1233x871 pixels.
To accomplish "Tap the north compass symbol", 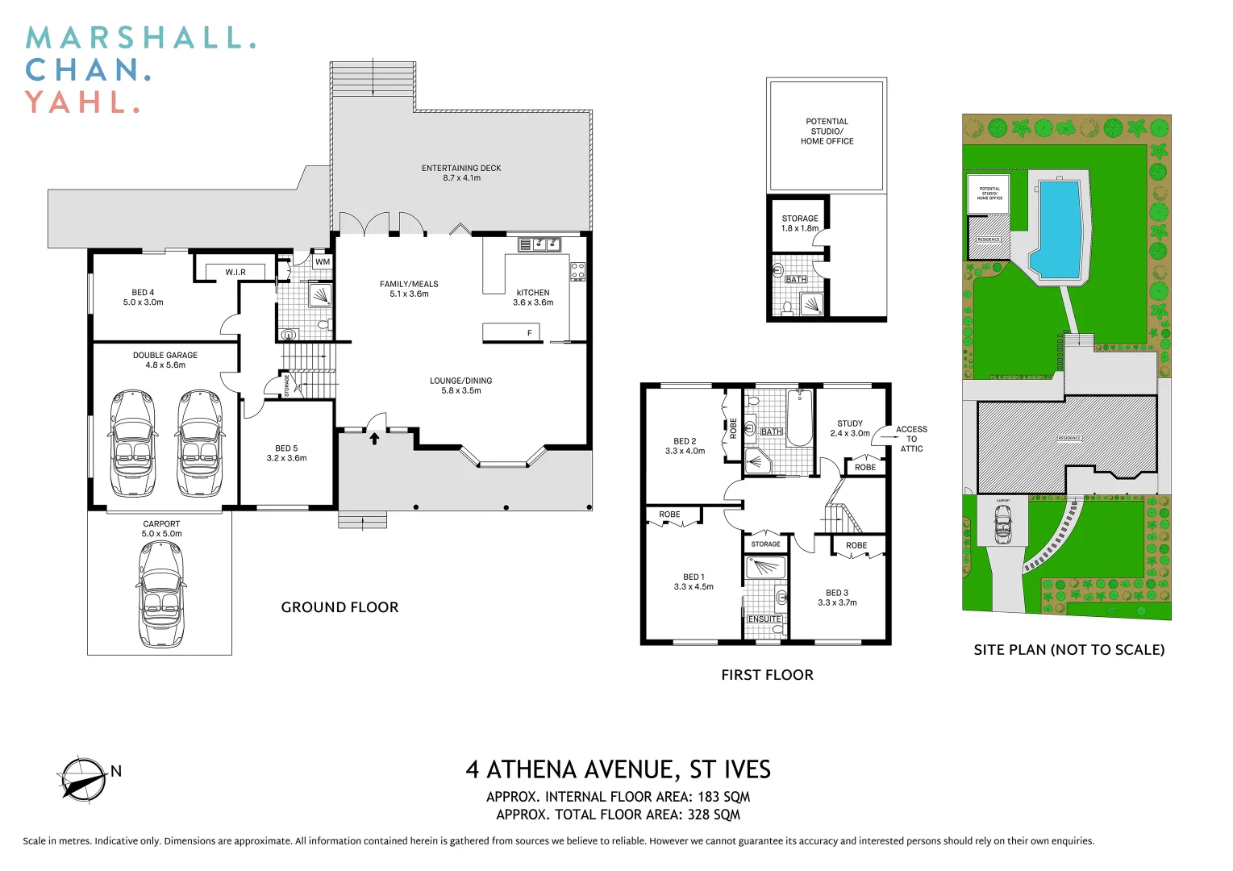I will tap(82, 779).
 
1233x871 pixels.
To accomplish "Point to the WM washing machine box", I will tap(323, 261).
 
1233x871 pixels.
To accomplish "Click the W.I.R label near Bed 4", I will tap(235, 272).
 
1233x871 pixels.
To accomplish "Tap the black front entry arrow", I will tap(375, 438).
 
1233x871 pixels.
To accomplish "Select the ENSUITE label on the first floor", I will tap(764, 619).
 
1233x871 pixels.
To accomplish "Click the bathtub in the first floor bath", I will tap(799, 418).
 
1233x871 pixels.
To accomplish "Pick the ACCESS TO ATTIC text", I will tap(911, 439).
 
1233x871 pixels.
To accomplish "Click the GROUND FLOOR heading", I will tap(339, 607).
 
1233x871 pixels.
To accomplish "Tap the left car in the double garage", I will tap(131, 443).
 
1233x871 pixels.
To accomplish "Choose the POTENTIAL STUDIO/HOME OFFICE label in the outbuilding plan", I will tap(827, 131).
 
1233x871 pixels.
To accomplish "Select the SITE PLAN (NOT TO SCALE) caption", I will tap(1068, 649).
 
